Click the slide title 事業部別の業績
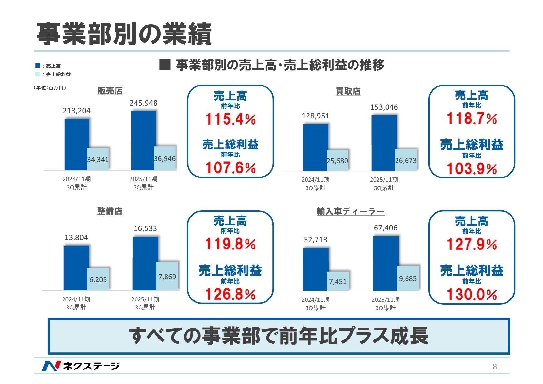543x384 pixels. (124, 34)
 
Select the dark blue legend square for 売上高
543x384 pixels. (38, 66)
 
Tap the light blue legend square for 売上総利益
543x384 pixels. (38, 74)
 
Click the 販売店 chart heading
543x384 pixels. (110, 91)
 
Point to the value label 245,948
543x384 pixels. (144, 103)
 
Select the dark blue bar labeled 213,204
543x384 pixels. (76, 145)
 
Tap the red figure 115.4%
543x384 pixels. (230, 119)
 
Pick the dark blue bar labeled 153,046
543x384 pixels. (384, 143)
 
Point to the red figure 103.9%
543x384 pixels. (472, 169)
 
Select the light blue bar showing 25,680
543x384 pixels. (337, 160)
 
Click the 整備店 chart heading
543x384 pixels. (110, 211)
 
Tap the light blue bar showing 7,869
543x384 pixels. (167, 276)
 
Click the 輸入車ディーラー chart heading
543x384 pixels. (350, 212)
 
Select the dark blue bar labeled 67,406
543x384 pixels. (386, 263)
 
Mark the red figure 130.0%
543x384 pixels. (472, 295)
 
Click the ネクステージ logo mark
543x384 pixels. (51, 366)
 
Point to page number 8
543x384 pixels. (494, 367)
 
